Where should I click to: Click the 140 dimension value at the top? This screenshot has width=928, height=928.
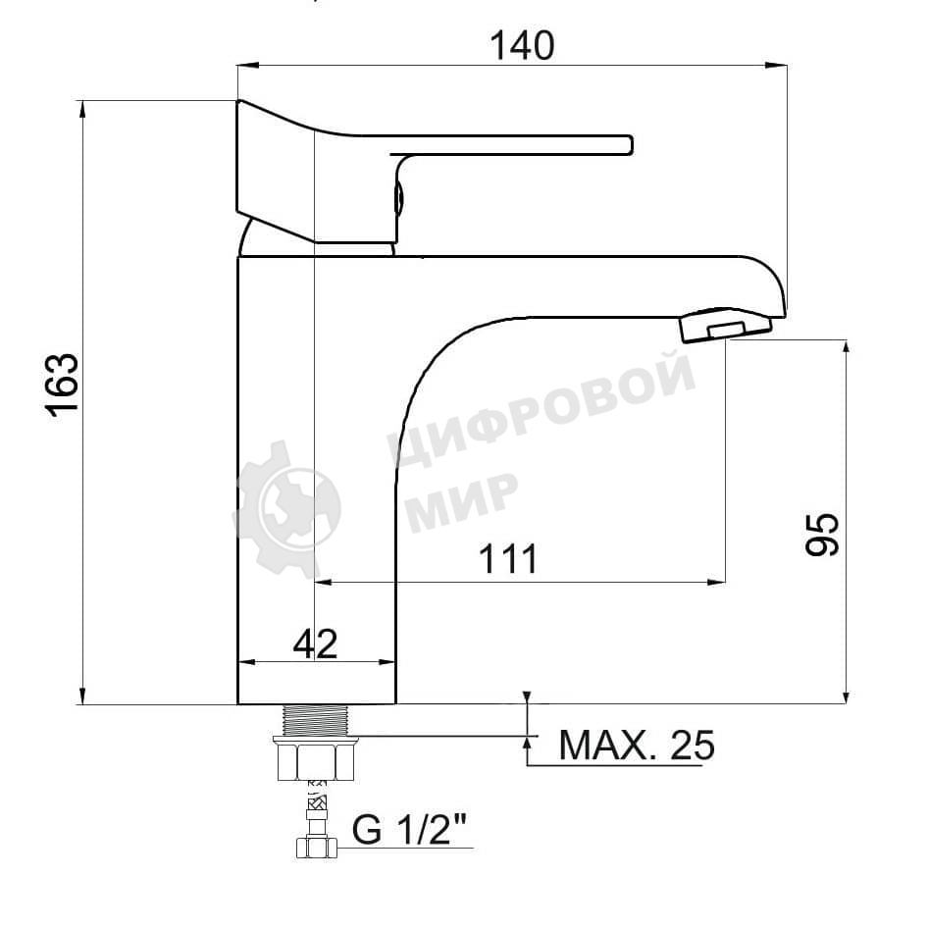523,45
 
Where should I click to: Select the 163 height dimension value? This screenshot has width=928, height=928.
63,386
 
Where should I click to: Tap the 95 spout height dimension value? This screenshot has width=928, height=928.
822,534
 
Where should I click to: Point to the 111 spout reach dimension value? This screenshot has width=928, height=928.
508,559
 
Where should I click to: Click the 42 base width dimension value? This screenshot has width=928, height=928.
316,644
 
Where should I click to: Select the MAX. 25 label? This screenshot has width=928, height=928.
637,745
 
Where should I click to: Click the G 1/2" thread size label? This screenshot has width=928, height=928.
409,829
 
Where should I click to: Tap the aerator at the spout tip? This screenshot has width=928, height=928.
726,325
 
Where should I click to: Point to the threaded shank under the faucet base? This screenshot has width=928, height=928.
316,720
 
